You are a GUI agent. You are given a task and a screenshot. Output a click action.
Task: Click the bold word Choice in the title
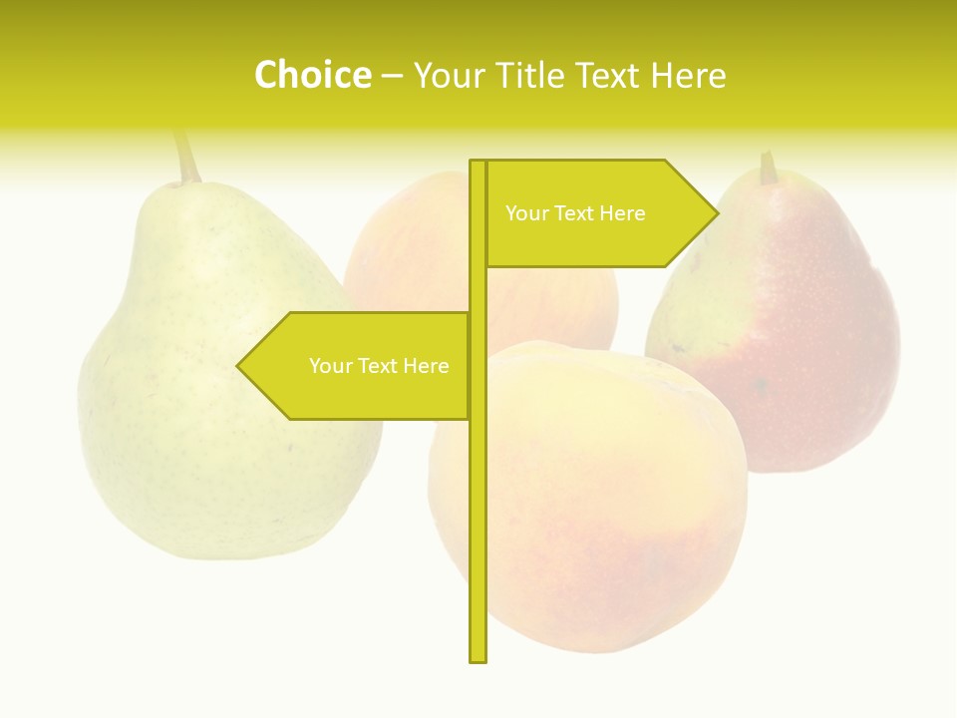(x=312, y=75)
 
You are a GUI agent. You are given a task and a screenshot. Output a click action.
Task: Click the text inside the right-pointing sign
(x=575, y=213)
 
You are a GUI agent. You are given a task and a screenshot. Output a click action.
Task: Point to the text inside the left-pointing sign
(x=379, y=366)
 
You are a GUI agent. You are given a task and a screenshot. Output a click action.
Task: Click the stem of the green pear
(x=185, y=158)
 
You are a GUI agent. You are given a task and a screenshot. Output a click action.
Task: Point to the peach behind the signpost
(x=419, y=249)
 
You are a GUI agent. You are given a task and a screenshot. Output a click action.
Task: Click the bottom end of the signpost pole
(x=478, y=658)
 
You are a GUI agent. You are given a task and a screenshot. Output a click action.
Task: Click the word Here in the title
(x=688, y=75)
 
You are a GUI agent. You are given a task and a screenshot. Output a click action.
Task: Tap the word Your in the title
(x=447, y=75)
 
